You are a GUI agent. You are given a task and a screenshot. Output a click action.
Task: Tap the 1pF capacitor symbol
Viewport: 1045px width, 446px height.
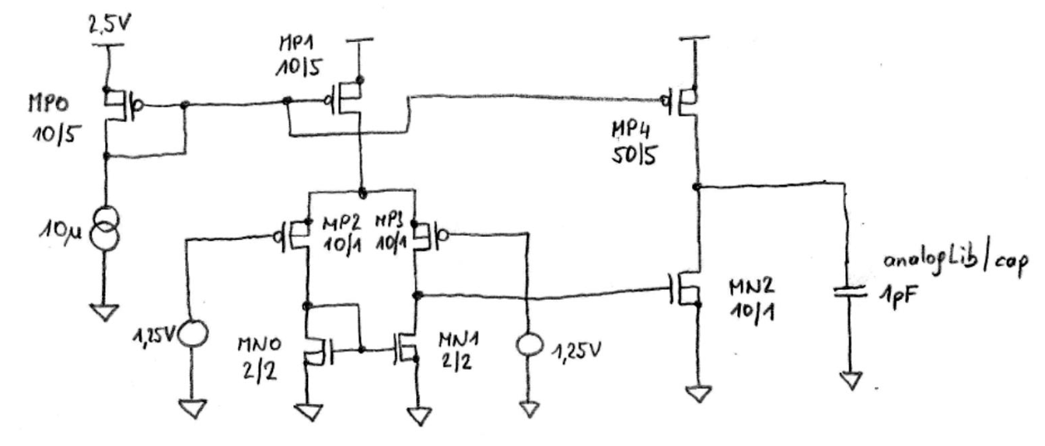click(x=849, y=294)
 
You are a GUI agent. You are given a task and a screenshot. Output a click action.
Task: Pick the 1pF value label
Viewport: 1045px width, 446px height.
click(x=895, y=299)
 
